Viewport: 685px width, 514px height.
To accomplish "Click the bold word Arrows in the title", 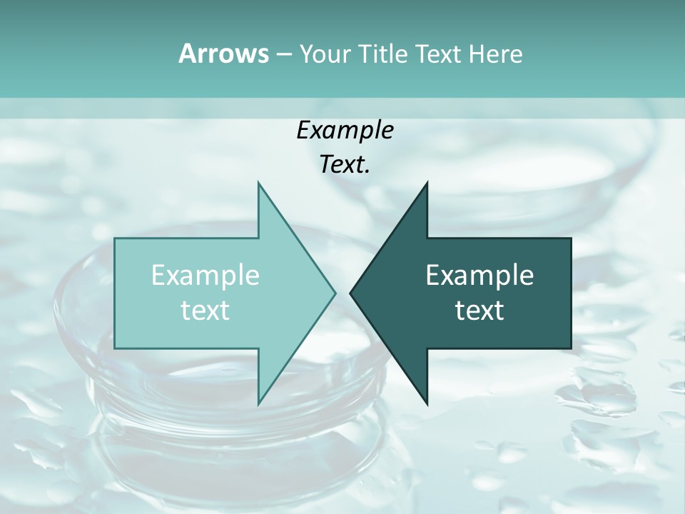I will click(223, 54).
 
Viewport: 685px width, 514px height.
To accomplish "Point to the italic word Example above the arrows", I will click(345, 130).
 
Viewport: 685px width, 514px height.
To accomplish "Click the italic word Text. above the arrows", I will click(345, 165).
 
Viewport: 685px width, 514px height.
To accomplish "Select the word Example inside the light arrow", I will click(205, 276).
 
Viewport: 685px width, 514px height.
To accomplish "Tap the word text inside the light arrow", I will click(205, 311).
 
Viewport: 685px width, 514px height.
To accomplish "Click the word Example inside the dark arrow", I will click(479, 276).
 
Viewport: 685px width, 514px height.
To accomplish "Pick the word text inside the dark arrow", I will click(479, 311).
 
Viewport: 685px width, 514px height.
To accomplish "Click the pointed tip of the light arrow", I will click(335, 293).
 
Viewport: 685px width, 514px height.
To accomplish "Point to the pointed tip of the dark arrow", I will click(351, 293).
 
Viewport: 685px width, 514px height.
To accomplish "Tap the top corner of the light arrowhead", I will click(258, 183).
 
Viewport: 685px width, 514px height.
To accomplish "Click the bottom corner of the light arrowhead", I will click(258, 403).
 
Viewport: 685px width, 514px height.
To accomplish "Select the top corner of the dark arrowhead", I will click(427, 183).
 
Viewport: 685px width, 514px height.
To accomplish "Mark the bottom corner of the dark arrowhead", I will click(427, 403).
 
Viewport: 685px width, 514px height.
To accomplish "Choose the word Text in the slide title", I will click(438, 54).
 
